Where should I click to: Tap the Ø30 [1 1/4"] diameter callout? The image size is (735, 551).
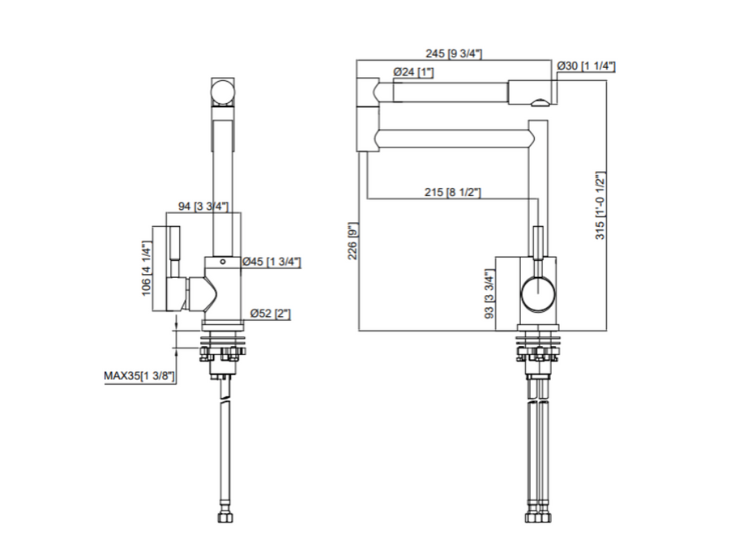click(x=587, y=66)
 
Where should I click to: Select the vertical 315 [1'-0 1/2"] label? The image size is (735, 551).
click(x=600, y=205)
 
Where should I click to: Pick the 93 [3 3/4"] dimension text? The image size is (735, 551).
click(x=489, y=296)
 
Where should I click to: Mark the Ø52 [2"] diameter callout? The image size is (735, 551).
click(x=265, y=312)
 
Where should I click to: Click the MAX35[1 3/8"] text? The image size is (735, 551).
click(x=139, y=375)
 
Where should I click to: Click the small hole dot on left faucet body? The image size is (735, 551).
click(x=222, y=263)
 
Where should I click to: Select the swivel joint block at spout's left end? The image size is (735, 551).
click(x=367, y=113)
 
